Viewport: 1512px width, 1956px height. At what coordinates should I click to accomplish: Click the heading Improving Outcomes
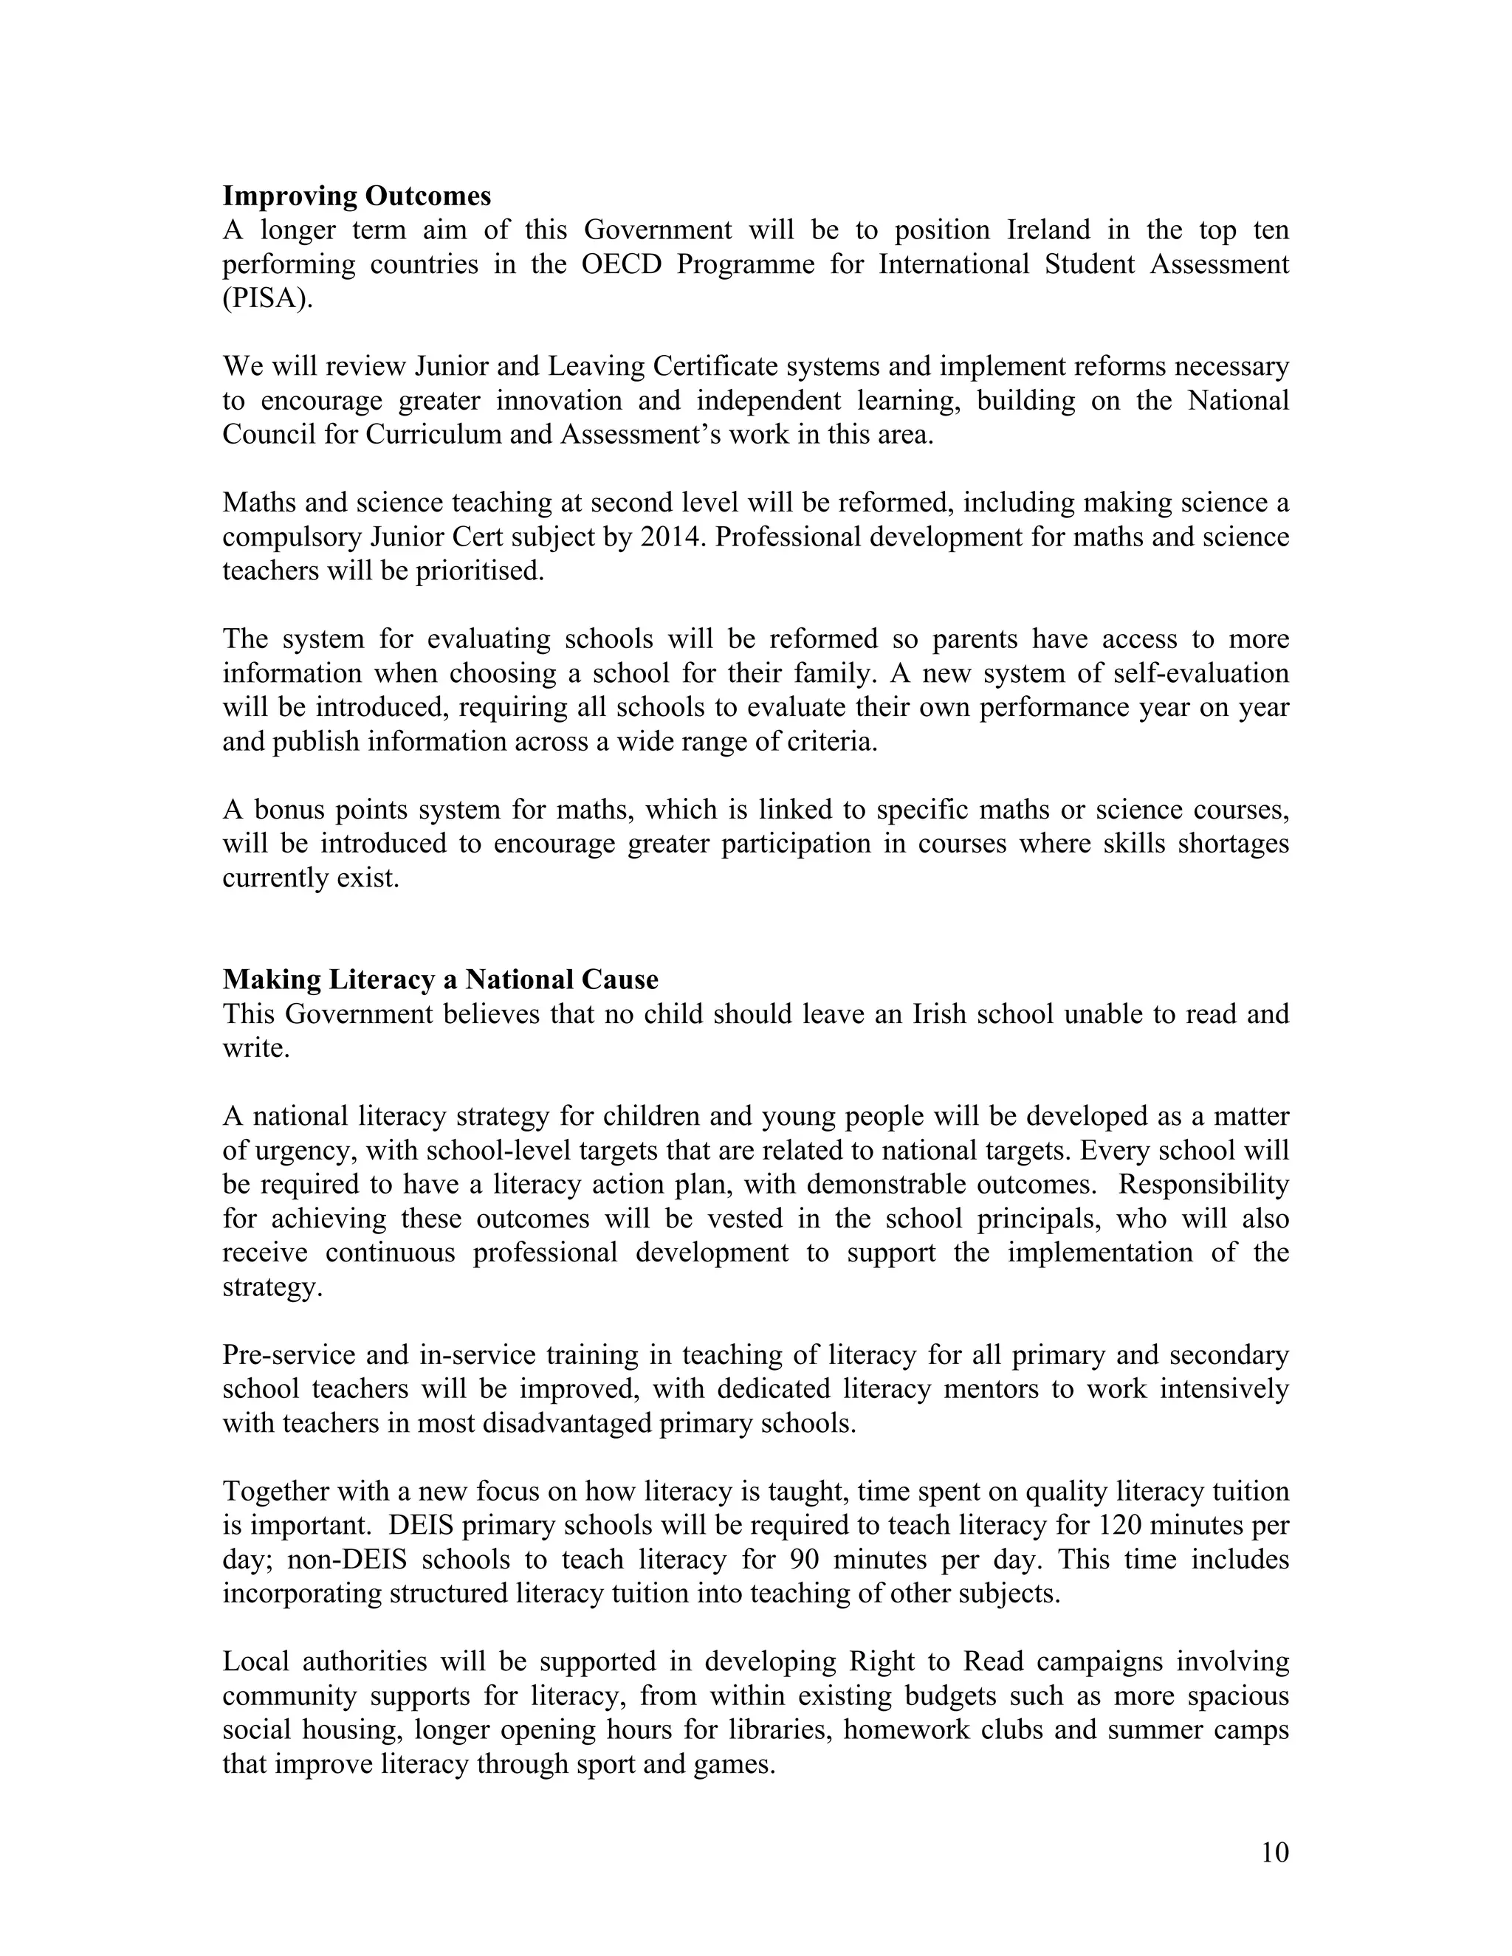click(357, 196)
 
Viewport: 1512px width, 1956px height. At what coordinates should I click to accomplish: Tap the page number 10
click(1274, 1852)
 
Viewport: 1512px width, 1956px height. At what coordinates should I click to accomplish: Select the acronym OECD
click(622, 264)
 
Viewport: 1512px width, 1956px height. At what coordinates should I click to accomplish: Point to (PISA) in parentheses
click(268, 298)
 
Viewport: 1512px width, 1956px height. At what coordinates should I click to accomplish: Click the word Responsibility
click(1203, 1185)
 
